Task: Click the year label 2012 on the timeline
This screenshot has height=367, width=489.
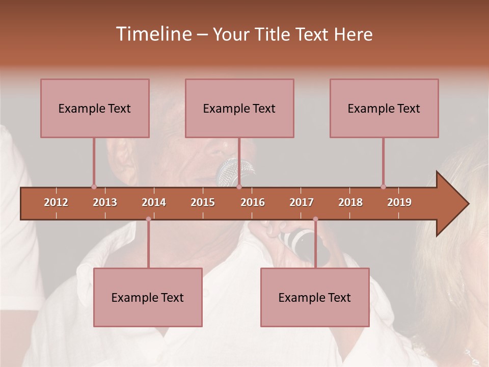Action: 56,202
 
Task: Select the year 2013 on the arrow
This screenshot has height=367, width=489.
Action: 105,202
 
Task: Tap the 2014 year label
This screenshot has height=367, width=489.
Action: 154,202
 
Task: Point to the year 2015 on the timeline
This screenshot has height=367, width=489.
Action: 203,202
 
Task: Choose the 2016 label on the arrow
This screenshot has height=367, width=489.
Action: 253,202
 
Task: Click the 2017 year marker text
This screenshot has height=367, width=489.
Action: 302,202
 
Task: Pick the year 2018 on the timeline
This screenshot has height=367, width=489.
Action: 350,202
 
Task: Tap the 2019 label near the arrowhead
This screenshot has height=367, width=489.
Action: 399,202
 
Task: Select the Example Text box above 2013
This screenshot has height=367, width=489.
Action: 95,108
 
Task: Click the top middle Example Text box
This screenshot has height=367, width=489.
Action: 239,108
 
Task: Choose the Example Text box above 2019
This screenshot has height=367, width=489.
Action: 384,108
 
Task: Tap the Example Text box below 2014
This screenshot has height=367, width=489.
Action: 148,297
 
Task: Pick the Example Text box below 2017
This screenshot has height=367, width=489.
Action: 315,297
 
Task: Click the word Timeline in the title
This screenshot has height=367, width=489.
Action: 153,34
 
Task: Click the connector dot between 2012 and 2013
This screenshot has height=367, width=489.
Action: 94,187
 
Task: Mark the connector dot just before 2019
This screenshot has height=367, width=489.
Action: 383,187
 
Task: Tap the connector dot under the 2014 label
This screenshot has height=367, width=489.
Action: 148,219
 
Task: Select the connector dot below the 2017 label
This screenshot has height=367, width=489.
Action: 315,219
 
